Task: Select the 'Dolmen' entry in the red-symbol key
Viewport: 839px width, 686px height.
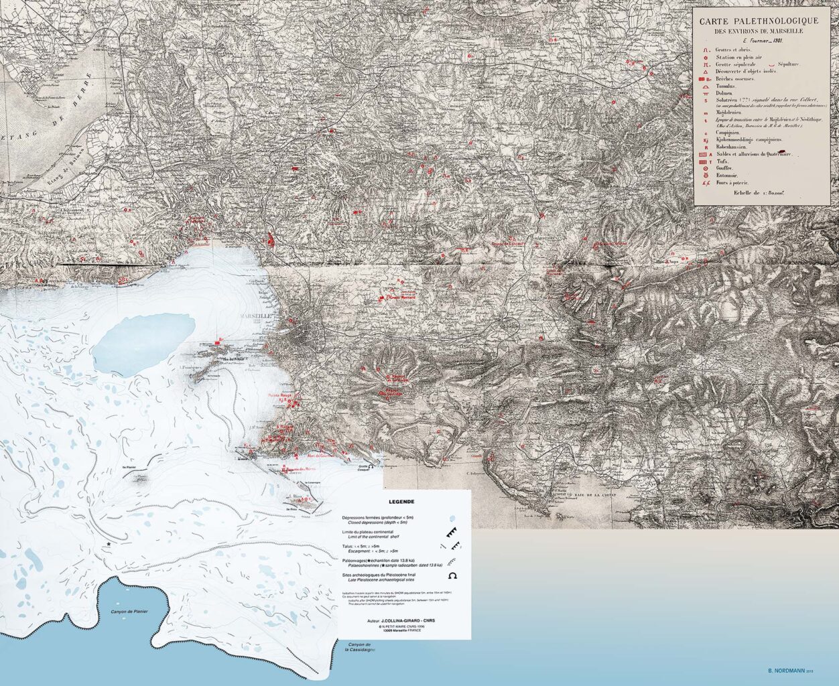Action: pos(726,94)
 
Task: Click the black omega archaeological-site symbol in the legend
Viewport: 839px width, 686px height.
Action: pos(453,575)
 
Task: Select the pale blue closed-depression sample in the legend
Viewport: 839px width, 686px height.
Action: pos(452,518)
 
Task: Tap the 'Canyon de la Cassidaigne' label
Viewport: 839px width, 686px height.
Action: pos(360,646)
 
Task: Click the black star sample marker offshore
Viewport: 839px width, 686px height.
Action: pos(108,545)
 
